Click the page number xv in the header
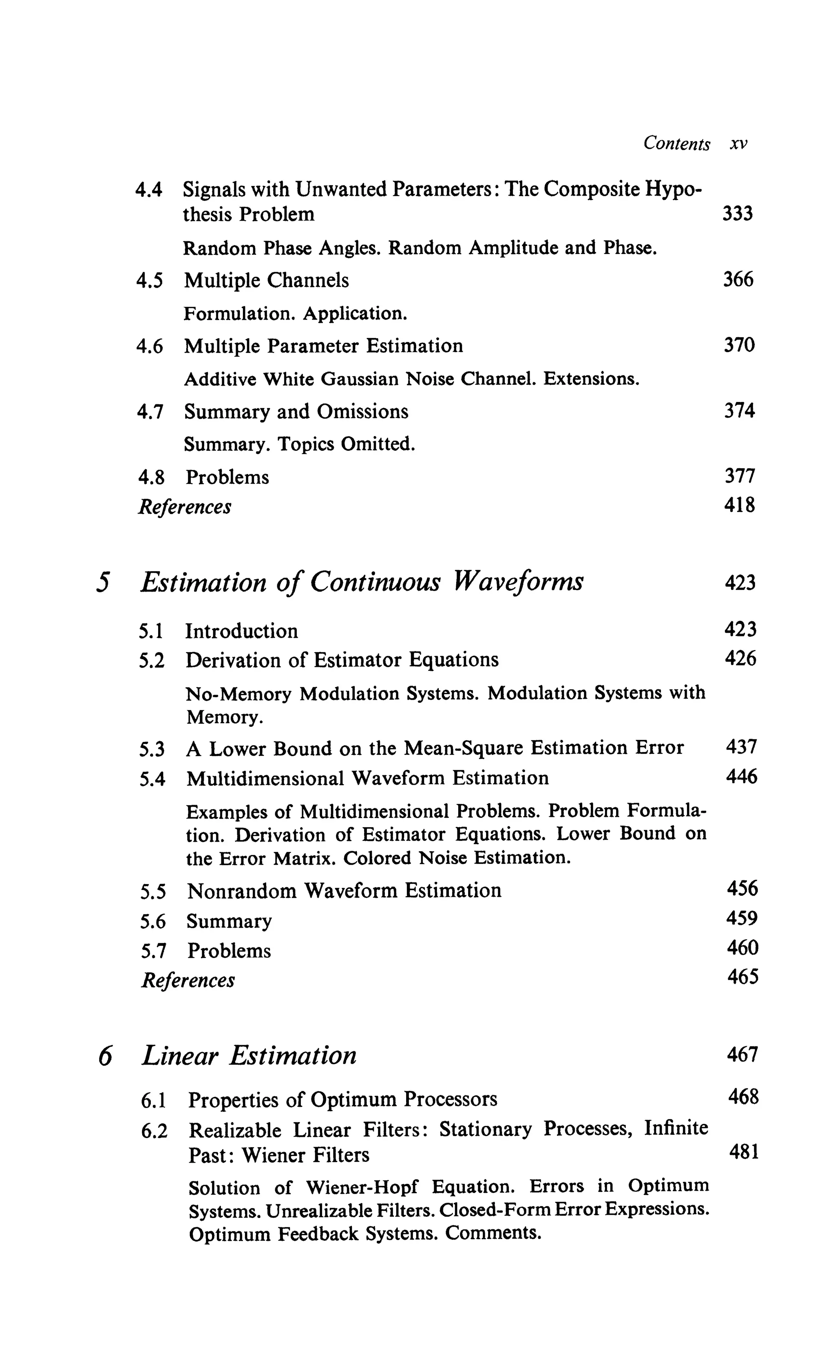pyautogui.click(x=738, y=144)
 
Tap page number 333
pyautogui.click(x=738, y=214)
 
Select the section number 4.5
pyautogui.click(x=150, y=280)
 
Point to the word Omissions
pyautogui.click(x=362, y=411)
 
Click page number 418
pyautogui.click(x=740, y=505)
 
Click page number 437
pyautogui.click(x=741, y=747)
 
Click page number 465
pyautogui.click(x=743, y=977)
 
